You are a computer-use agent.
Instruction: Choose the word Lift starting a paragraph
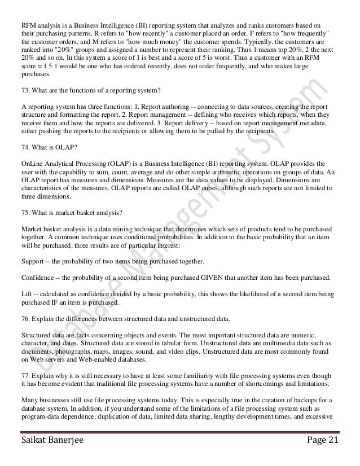tap(25, 294)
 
